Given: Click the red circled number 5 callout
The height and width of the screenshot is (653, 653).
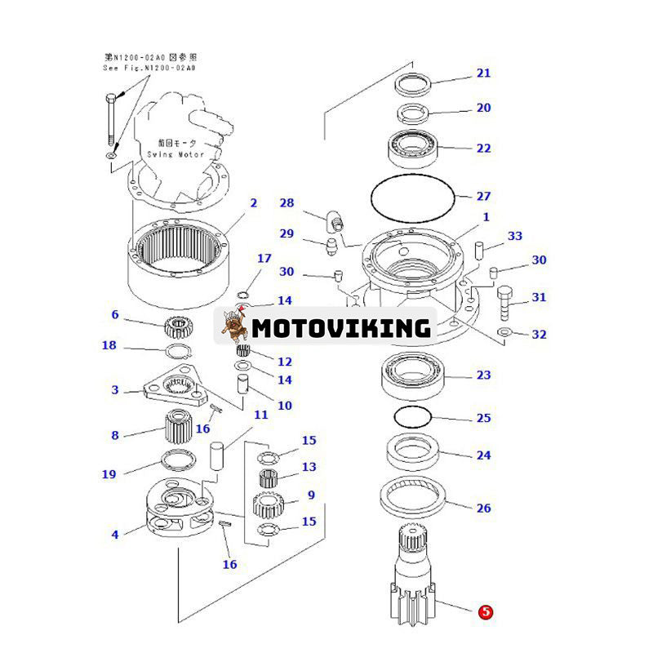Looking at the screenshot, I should tap(486, 611).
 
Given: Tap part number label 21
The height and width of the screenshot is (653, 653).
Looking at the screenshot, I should tap(484, 73).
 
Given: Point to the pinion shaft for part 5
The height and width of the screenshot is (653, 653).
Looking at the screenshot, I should tap(416, 571).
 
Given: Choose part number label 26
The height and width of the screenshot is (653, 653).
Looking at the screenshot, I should tap(484, 508).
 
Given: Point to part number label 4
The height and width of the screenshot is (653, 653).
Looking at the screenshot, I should tap(115, 535).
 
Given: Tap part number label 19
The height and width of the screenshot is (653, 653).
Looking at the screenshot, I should tap(109, 474).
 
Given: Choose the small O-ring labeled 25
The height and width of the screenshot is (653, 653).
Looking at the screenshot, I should tap(411, 417).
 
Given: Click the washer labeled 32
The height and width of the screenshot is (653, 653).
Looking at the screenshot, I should tap(504, 332).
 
